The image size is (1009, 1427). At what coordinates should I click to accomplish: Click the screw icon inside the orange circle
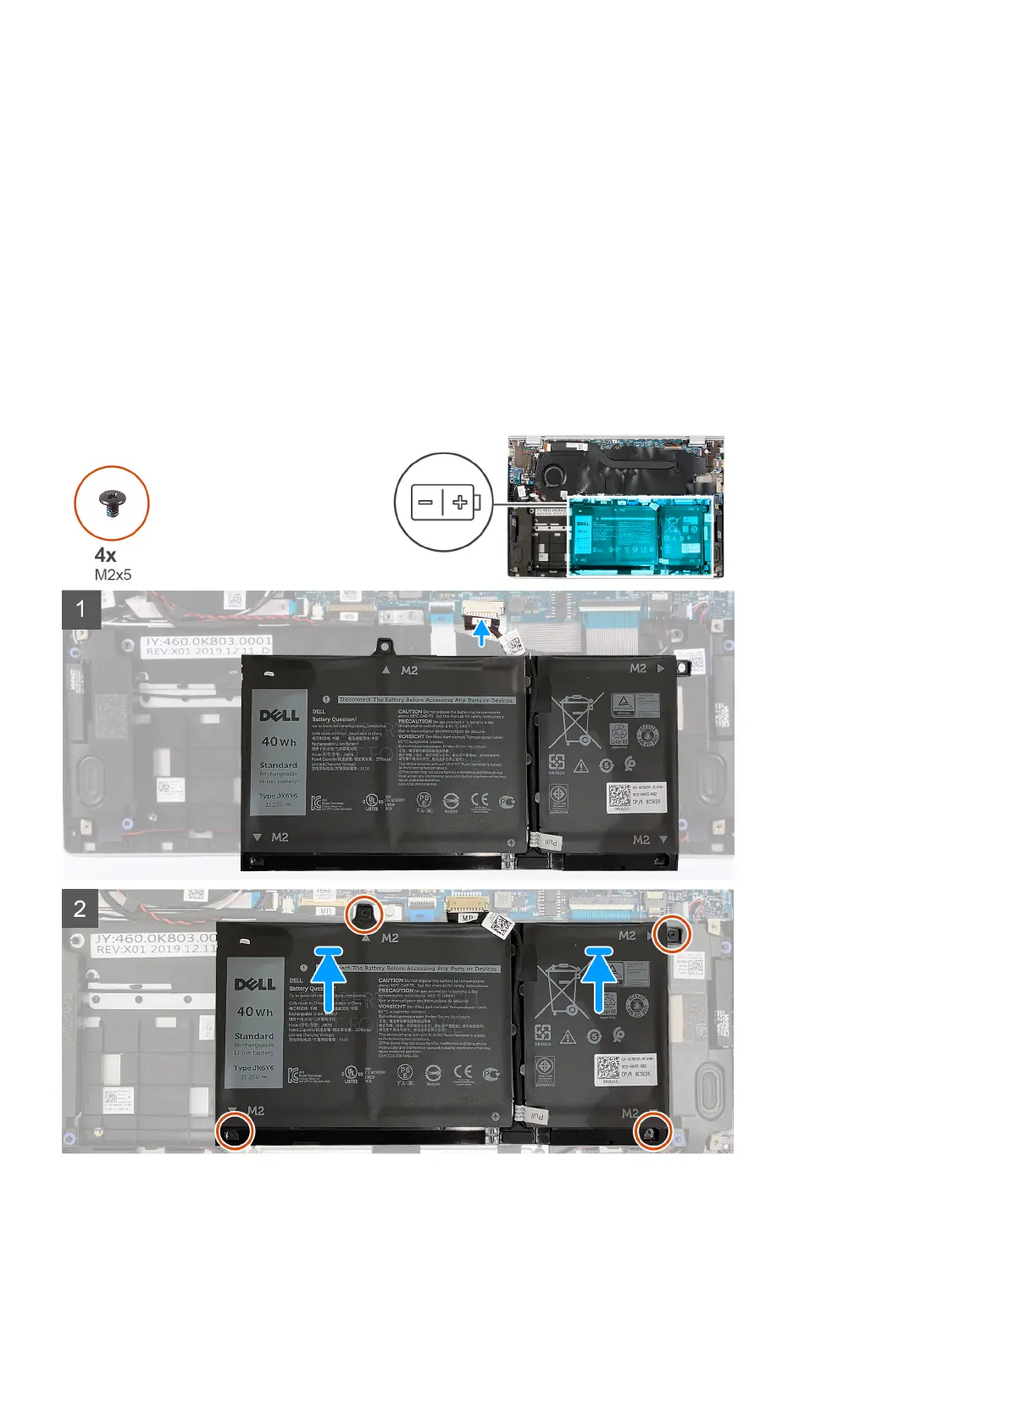pos(112,503)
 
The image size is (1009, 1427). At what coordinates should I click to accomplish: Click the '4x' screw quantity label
pos(106,555)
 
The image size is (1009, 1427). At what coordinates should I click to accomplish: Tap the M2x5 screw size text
pos(114,575)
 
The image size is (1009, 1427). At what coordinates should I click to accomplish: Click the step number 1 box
pos(81,609)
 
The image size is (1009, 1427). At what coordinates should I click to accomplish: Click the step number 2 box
pos(80,909)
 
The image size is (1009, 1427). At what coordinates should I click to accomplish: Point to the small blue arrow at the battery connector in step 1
pos(482,634)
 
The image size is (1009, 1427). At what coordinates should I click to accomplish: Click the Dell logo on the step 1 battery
pos(280,715)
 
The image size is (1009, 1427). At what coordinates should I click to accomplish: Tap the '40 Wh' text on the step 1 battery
pos(279,741)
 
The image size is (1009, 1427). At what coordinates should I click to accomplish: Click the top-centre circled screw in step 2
pos(365,913)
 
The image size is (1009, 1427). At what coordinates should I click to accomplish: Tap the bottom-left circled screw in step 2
pos(235,1130)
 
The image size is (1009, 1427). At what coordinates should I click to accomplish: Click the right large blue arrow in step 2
pos(600,979)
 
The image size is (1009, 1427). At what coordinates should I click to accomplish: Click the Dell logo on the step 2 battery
pos(255,984)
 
